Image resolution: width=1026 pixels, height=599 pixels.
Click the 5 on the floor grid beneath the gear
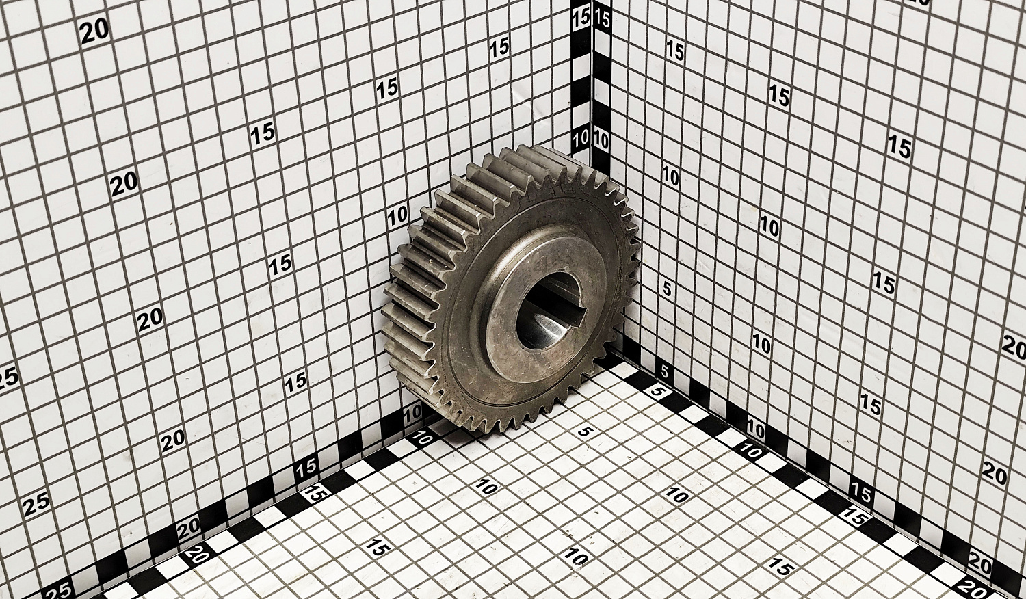(x=583, y=431)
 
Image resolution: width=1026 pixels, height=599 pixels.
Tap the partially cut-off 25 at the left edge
(x=8, y=378)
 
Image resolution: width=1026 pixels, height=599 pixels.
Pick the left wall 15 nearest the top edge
(x=499, y=48)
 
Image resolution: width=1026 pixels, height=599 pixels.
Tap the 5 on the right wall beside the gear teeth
(x=667, y=289)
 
